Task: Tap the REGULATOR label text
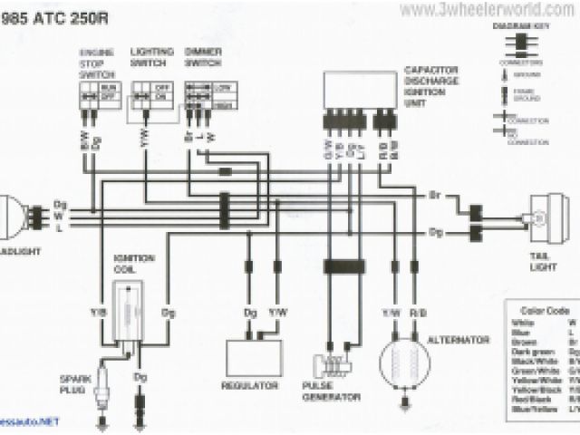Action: coord(249,385)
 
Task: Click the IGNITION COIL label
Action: coord(131,263)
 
